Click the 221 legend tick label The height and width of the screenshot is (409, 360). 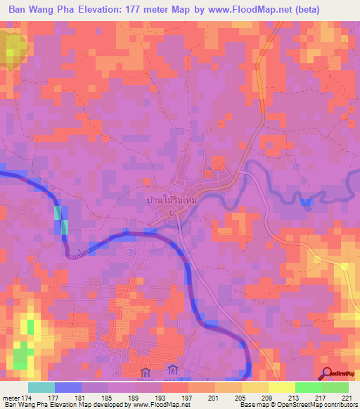pos(347,398)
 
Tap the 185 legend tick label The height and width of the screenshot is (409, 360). pos(107,398)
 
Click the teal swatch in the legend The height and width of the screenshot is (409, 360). pos(41,387)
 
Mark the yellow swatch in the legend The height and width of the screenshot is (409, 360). pos(281,387)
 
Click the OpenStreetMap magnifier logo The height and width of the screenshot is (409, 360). pos(326,372)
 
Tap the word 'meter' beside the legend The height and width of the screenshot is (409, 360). pos(11,398)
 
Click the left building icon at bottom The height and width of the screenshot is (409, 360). pos(146,372)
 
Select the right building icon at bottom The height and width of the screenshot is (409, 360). pos(172,370)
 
